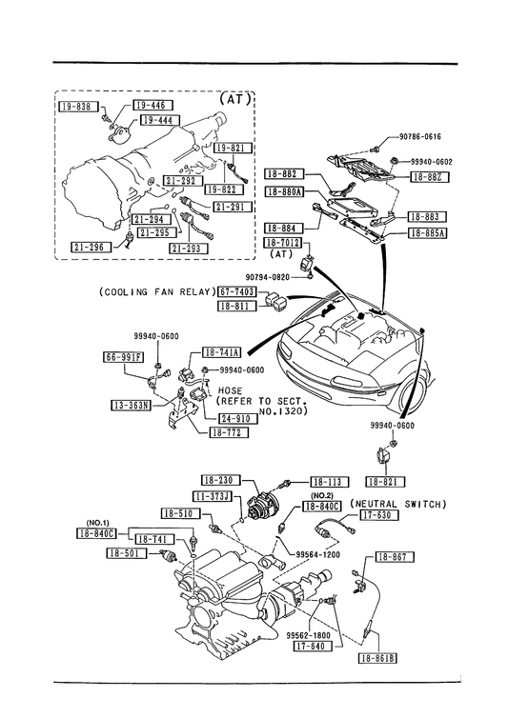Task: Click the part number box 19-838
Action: pos(78,107)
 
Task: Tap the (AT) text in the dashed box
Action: pos(234,99)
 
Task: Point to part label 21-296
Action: pos(91,248)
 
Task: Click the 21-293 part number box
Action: pos(189,249)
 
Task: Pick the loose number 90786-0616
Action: pos(420,136)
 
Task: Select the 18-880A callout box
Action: pos(284,192)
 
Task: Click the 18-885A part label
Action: pos(428,233)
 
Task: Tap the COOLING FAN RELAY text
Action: pos(157,291)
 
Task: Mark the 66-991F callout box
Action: pos(123,357)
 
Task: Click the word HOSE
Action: pos(231,390)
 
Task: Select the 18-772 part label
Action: pos(229,432)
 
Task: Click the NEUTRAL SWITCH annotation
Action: pos(398,504)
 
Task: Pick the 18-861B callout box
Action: pos(377,658)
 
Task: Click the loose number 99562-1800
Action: pos(309,635)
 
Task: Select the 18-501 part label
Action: pos(127,553)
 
